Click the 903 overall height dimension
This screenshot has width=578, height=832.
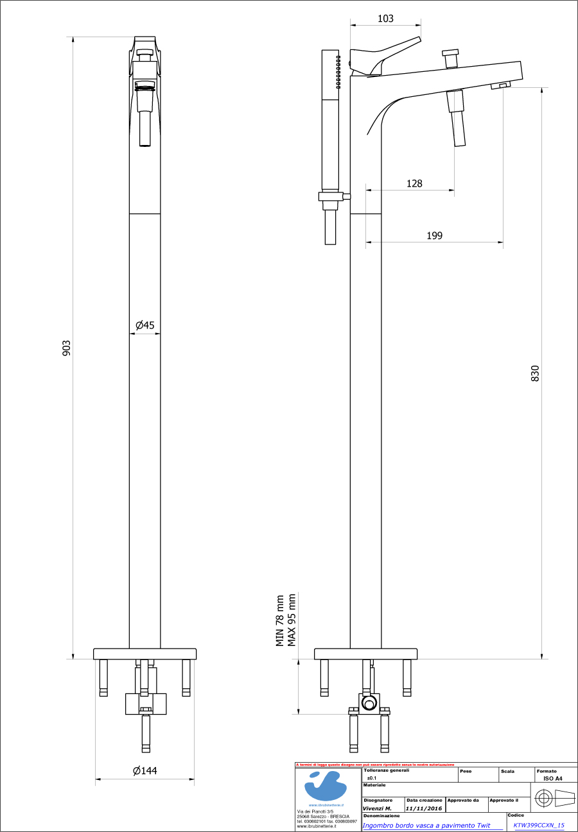(66, 348)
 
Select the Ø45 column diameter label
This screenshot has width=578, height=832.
(144, 326)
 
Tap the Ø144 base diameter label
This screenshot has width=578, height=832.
(144, 770)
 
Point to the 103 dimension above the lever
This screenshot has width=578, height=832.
(385, 19)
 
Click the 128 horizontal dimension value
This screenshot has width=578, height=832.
(414, 183)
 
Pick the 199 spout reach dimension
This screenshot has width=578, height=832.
(435, 235)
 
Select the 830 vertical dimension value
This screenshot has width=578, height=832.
(535, 373)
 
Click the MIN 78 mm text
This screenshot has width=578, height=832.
(280, 620)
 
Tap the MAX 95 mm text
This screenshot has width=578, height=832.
(292, 620)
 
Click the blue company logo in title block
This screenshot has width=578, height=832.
(326, 785)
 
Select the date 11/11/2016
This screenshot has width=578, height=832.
(424, 808)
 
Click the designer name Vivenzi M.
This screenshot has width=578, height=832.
(377, 808)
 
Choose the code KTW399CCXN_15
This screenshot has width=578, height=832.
(539, 826)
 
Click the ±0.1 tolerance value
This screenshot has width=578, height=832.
(372, 777)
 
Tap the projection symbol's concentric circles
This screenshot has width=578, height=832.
(543, 799)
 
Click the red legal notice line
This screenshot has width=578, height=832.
(375, 765)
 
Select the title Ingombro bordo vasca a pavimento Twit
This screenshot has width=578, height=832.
(426, 826)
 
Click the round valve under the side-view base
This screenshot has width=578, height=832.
(369, 704)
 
